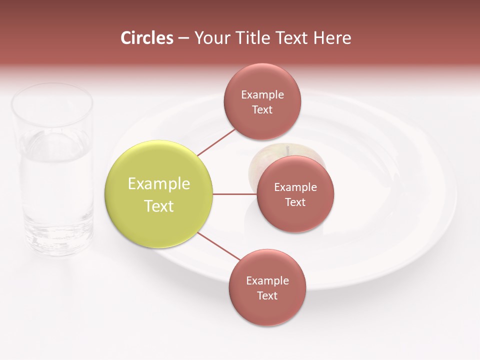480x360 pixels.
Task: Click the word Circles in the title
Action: pos(146,38)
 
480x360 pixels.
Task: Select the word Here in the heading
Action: pos(332,38)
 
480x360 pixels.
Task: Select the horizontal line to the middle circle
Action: pos(234,194)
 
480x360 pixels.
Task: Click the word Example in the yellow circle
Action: pos(158,184)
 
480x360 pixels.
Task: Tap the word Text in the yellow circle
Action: pos(158,206)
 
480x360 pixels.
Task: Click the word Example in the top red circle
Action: pos(262,95)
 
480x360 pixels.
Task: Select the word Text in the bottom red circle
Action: pos(267,296)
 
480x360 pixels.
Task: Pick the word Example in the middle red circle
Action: pos(295,187)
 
